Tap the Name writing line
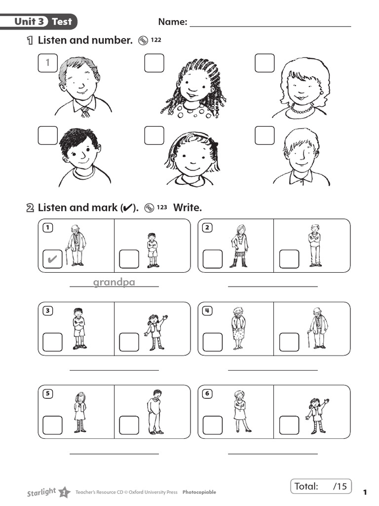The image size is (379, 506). (x=270, y=25)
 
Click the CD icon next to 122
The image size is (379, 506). (x=144, y=41)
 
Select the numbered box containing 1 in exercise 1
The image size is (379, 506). (x=47, y=63)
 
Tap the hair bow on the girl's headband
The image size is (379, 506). (x=213, y=143)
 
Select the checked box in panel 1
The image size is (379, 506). (x=52, y=258)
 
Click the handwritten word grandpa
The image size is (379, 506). (x=114, y=282)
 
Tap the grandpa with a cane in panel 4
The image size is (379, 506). (x=318, y=328)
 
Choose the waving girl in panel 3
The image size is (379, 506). (x=155, y=332)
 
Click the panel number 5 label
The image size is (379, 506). (x=47, y=394)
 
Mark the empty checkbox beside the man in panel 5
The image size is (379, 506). (x=129, y=425)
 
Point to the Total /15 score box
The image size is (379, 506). (x=321, y=486)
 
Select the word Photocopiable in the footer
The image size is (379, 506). (x=199, y=492)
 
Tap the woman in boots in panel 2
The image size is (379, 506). (x=240, y=246)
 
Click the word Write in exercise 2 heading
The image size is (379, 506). (x=188, y=208)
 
